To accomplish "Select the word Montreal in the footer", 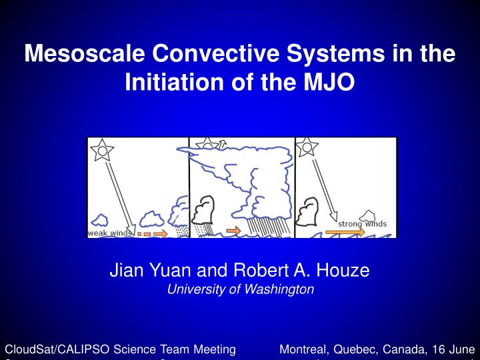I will [303, 349].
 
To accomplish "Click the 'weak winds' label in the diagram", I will [110, 233].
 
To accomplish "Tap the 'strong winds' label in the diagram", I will [362, 223].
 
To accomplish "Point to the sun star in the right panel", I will [307, 147].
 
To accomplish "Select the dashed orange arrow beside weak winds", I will [152, 234].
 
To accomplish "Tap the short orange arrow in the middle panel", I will [234, 231].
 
